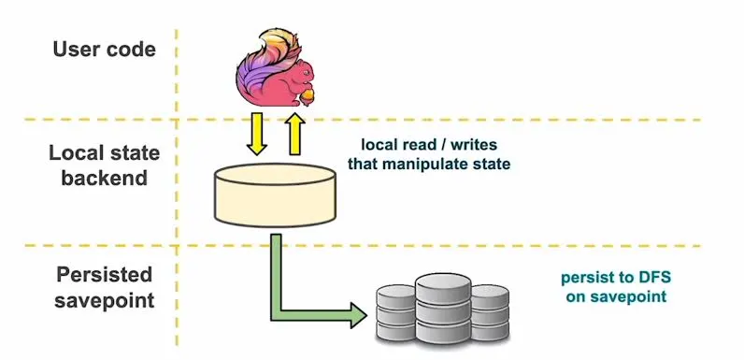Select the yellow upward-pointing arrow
[294, 135]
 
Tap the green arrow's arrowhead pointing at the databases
[355, 313]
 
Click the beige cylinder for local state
[275, 194]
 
